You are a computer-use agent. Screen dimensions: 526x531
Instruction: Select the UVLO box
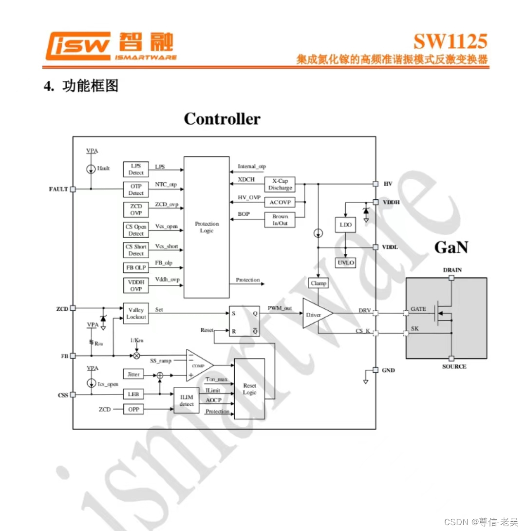(346, 263)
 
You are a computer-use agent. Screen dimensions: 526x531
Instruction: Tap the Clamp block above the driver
(318, 283)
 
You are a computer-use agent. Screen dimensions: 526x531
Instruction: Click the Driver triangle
(316, 315)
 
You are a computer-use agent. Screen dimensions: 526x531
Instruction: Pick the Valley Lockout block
(136, 313)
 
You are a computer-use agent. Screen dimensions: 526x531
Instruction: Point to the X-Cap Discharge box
(280, 184)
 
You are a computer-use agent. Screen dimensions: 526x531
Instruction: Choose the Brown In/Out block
(280, 220)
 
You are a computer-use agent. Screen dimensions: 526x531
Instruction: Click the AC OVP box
(280, 202)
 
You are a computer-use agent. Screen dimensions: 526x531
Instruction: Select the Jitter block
(133, 374)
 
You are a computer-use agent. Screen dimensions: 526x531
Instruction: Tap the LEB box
(133, 394)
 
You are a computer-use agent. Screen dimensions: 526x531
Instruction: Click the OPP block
(133, 410)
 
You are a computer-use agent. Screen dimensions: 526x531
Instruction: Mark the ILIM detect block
(187, 401)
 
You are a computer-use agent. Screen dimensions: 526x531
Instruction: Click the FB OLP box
(136, 267)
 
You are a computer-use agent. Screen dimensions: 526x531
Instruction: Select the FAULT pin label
(58, 189)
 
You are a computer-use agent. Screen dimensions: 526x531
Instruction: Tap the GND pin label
(388, 370)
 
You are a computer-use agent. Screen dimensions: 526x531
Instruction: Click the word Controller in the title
(222, 119)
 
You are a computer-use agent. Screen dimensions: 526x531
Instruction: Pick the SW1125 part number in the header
(450, 41)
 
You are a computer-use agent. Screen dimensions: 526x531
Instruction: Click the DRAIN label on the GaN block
(452, 270)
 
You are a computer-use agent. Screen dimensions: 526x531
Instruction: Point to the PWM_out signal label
(280, 308)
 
